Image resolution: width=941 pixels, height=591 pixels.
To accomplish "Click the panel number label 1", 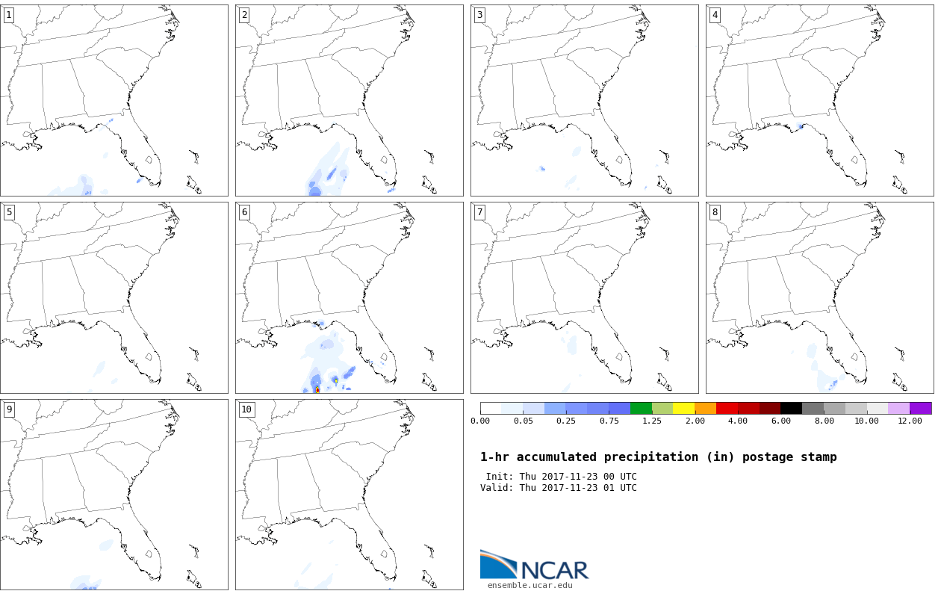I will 8,15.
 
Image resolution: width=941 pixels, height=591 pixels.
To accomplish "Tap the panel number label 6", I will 244,212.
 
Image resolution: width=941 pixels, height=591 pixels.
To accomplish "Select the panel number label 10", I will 246,409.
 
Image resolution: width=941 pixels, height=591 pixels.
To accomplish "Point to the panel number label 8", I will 715,212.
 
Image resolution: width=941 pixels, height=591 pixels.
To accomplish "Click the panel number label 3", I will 479,15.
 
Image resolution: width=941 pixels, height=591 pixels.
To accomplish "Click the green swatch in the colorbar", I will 641,408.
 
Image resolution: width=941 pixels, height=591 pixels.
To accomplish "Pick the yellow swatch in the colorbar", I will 683,408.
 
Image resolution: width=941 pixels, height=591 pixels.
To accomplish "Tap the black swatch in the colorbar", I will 791,408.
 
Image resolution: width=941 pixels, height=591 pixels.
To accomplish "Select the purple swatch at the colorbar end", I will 920,408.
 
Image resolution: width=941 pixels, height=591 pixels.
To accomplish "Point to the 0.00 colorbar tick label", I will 480,421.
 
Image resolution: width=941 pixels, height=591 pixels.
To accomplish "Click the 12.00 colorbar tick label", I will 910,421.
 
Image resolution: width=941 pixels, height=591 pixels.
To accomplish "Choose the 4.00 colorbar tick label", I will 738,421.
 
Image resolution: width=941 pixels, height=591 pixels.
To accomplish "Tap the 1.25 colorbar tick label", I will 652,421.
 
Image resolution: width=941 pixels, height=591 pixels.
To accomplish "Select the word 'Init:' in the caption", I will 500,477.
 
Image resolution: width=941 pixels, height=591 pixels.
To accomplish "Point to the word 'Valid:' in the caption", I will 497,488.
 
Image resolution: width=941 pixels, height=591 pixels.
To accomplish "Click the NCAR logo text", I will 554,569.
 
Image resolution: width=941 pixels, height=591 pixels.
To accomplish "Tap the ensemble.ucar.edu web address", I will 529,585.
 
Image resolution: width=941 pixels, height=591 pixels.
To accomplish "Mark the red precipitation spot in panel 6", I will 317,389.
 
